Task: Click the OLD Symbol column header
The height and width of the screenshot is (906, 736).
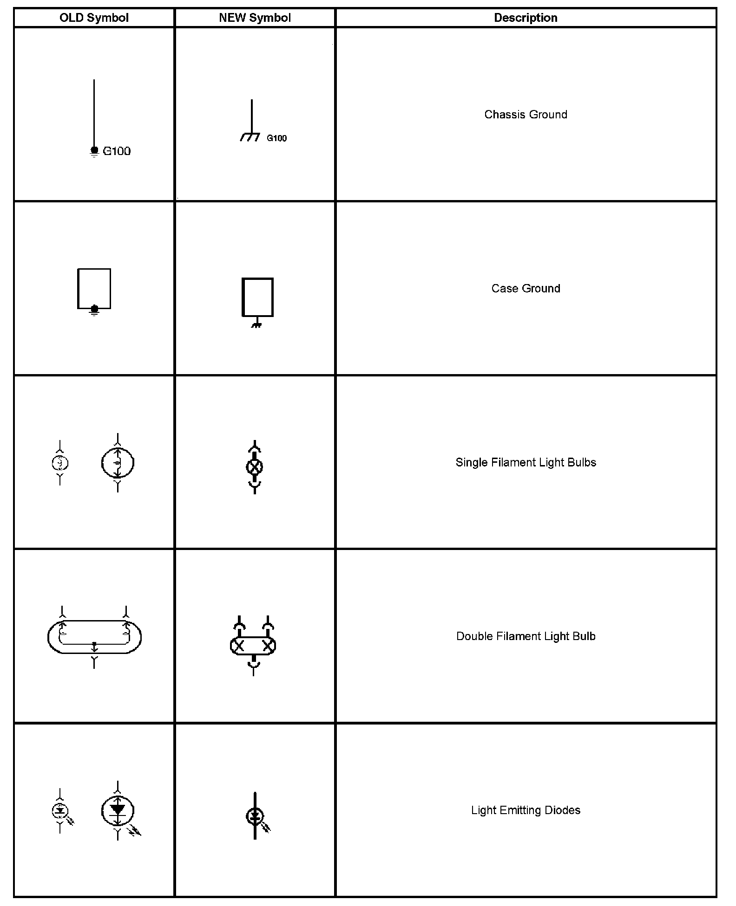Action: point(94,18)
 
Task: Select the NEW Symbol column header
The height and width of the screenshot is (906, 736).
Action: point(255,18)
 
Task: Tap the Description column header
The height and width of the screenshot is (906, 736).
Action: point(526,18)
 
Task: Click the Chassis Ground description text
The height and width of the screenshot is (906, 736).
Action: point(526,115)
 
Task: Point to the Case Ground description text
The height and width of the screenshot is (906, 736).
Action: point(526,288)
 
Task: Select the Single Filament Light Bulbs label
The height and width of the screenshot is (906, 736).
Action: point(526,462)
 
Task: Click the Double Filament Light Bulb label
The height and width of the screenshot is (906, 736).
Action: point(526,636)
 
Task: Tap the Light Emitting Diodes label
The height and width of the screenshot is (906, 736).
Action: point(526,810)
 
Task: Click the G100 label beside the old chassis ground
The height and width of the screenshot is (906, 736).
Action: point(117,151)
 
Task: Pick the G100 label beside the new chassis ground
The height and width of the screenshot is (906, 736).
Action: point(276,138)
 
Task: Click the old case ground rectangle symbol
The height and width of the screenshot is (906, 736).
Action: point(94,289)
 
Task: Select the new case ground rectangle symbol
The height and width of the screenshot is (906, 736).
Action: point(257,298)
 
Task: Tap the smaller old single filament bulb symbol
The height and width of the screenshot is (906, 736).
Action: point(60,463)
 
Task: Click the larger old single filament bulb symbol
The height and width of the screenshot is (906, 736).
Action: point(118,463)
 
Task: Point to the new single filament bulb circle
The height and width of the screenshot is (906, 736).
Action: point(255,466)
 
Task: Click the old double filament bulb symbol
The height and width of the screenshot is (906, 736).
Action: point(94,637)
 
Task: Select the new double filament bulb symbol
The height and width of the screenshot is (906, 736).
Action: point(253,645)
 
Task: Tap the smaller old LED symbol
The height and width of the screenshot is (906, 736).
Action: point(60,811)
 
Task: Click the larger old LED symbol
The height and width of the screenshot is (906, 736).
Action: point(118,811)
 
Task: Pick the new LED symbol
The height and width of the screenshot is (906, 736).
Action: point(255,816)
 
